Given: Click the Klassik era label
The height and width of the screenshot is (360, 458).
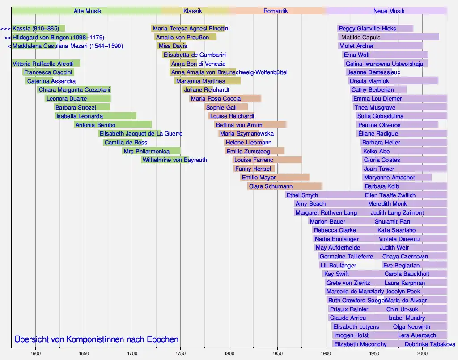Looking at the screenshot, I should tap(192, 11).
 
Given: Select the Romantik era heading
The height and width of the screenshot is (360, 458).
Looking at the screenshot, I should tap(276, 11).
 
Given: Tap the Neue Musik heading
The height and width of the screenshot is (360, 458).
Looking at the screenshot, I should tap(389, 11).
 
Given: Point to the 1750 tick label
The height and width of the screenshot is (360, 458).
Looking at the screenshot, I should tap(180, 353).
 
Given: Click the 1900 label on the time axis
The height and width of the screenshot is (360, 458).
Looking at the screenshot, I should tap(326, 353).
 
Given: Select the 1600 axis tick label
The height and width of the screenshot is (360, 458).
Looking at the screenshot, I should tap(36, 353).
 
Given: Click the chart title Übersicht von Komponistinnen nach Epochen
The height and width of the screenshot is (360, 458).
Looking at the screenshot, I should tap(96, 339).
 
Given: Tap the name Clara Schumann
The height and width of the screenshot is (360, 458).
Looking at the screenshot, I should tap(271, 186).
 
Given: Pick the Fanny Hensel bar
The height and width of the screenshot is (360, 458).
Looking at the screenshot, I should tap(253, 169).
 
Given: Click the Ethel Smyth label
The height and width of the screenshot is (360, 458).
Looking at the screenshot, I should tap(302, 195).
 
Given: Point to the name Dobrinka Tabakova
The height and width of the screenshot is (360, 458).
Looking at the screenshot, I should tap(430, 344).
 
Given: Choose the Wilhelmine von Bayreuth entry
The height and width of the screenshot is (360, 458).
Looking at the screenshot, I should tap(174, 160).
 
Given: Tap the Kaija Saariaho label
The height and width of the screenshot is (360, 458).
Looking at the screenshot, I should tap(396, 230).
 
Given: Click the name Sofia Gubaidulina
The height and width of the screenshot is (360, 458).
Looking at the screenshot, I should tap(380, 116).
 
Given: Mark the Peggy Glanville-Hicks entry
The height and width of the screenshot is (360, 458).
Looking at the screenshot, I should tap(367, 29).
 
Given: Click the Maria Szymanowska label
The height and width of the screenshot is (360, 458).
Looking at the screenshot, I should tap(247, 134).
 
